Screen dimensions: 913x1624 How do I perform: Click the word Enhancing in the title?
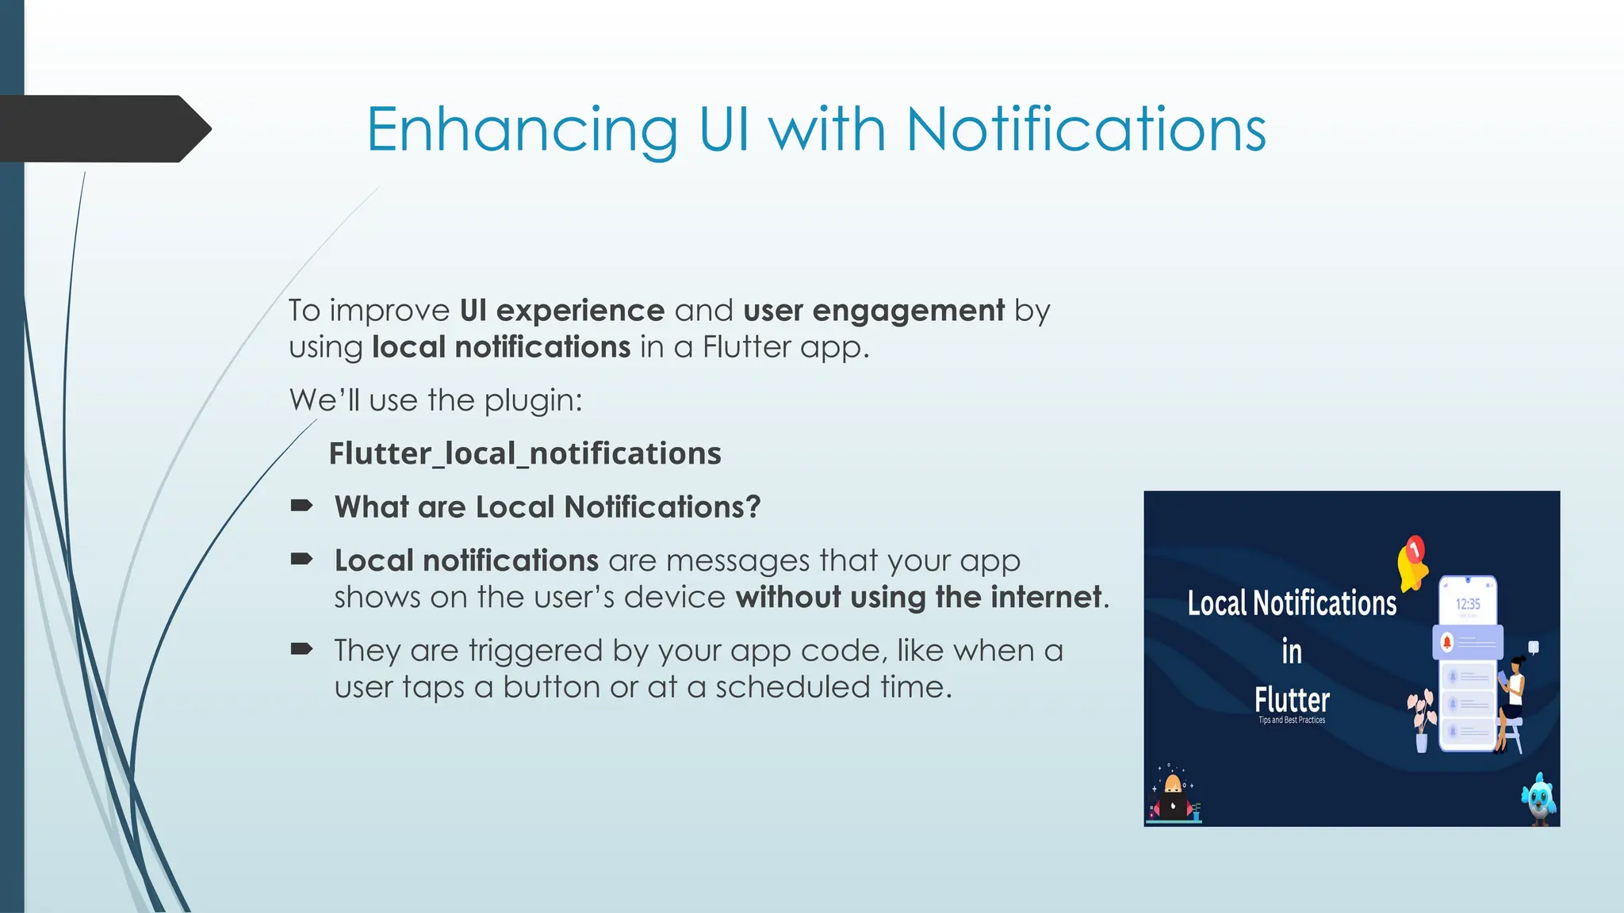522,130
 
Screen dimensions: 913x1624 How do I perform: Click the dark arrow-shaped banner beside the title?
103,128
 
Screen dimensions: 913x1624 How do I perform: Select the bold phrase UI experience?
561,310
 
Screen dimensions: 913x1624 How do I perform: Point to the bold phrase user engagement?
874,310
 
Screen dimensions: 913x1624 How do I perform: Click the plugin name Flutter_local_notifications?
525,453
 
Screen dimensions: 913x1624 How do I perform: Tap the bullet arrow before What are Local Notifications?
301,506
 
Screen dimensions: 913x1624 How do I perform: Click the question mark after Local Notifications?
753,506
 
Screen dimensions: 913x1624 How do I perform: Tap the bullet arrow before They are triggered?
301,650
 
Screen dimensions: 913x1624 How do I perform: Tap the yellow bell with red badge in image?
1412,563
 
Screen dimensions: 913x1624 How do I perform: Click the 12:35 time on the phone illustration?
1467,604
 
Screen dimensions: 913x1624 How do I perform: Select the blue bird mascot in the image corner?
1539,799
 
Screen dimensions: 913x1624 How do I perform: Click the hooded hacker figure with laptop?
1173,797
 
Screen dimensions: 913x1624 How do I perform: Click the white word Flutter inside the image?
1292,700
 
